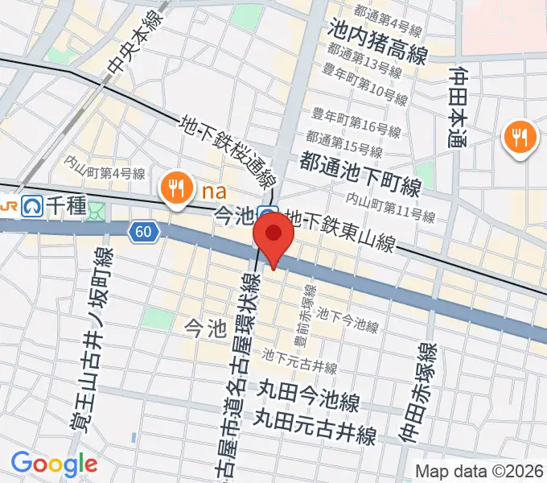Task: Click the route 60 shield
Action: point(142,232)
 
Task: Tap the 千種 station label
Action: point(69,207)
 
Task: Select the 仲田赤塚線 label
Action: point(426,393)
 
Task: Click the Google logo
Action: point(54,464)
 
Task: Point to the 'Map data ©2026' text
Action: point(479,470)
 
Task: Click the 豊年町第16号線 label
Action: point(356,124)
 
